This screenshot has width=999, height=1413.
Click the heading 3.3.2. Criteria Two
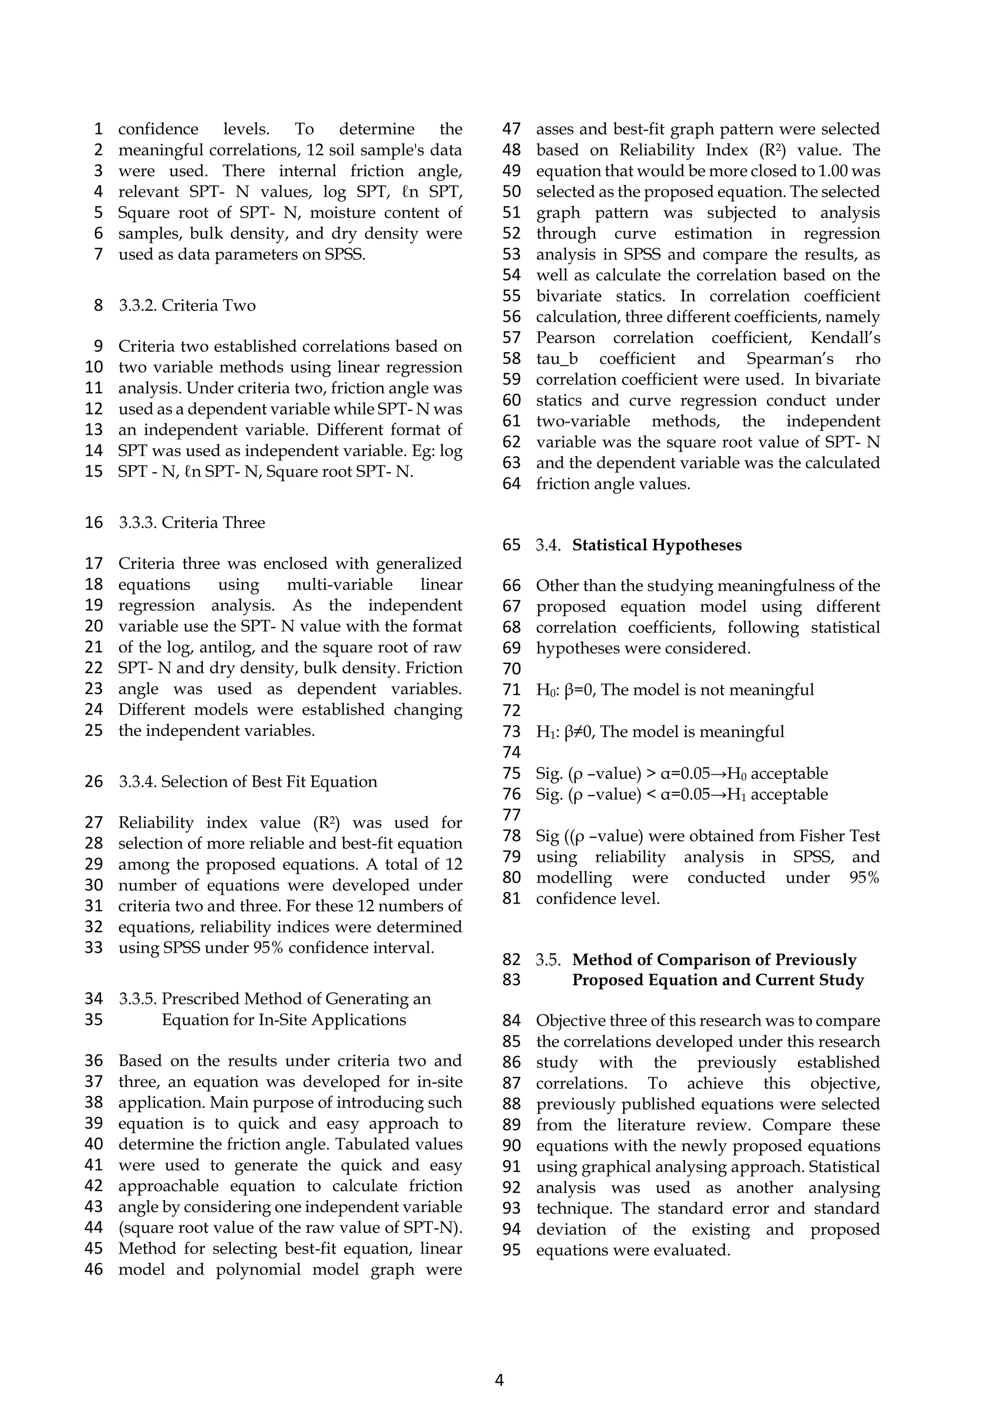pos(187,305)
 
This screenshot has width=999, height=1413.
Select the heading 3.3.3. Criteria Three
pos(192,523)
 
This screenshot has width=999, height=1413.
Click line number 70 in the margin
pos(511,669)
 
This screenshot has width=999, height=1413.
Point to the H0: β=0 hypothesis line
pos(675,690)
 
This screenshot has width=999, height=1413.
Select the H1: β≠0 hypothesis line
pos(660,732)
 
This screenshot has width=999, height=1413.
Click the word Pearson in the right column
pos(565,338)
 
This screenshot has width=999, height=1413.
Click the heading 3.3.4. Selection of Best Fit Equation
pos(248,782)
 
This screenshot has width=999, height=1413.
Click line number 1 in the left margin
pos(98,129)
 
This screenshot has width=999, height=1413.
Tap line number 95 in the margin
pos(511,1250)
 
